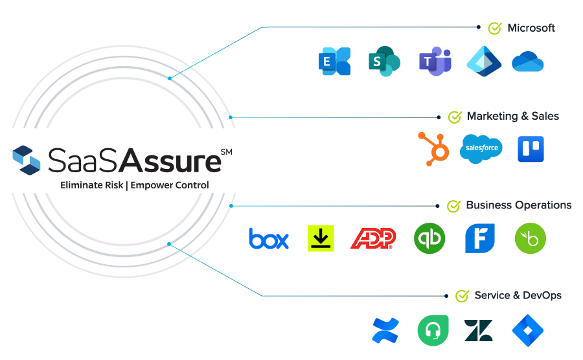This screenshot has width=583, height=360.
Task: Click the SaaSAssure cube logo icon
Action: [27, 160]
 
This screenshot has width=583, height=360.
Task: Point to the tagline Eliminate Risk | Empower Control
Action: [135, 185]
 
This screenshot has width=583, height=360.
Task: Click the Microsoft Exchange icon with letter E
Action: [334, 62]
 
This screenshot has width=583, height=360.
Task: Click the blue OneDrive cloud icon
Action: [528, 62]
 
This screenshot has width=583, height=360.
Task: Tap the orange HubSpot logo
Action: [433, 148]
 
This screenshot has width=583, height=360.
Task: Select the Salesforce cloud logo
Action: [481, 149]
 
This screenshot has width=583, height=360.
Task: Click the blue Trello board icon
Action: [531, 149]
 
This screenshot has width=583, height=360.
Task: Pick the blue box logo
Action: [269, 239]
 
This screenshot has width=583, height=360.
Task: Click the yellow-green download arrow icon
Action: [321, 238]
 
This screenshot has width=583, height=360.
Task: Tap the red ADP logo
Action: [373, 239]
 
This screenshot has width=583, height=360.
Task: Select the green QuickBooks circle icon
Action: [429, 238]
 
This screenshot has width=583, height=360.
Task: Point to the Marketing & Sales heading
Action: [513, 117]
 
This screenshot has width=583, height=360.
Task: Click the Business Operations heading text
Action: [519, 205]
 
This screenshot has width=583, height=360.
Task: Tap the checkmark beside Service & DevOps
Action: [462, 296]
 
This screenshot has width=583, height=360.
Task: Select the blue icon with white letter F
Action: [480, 238]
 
